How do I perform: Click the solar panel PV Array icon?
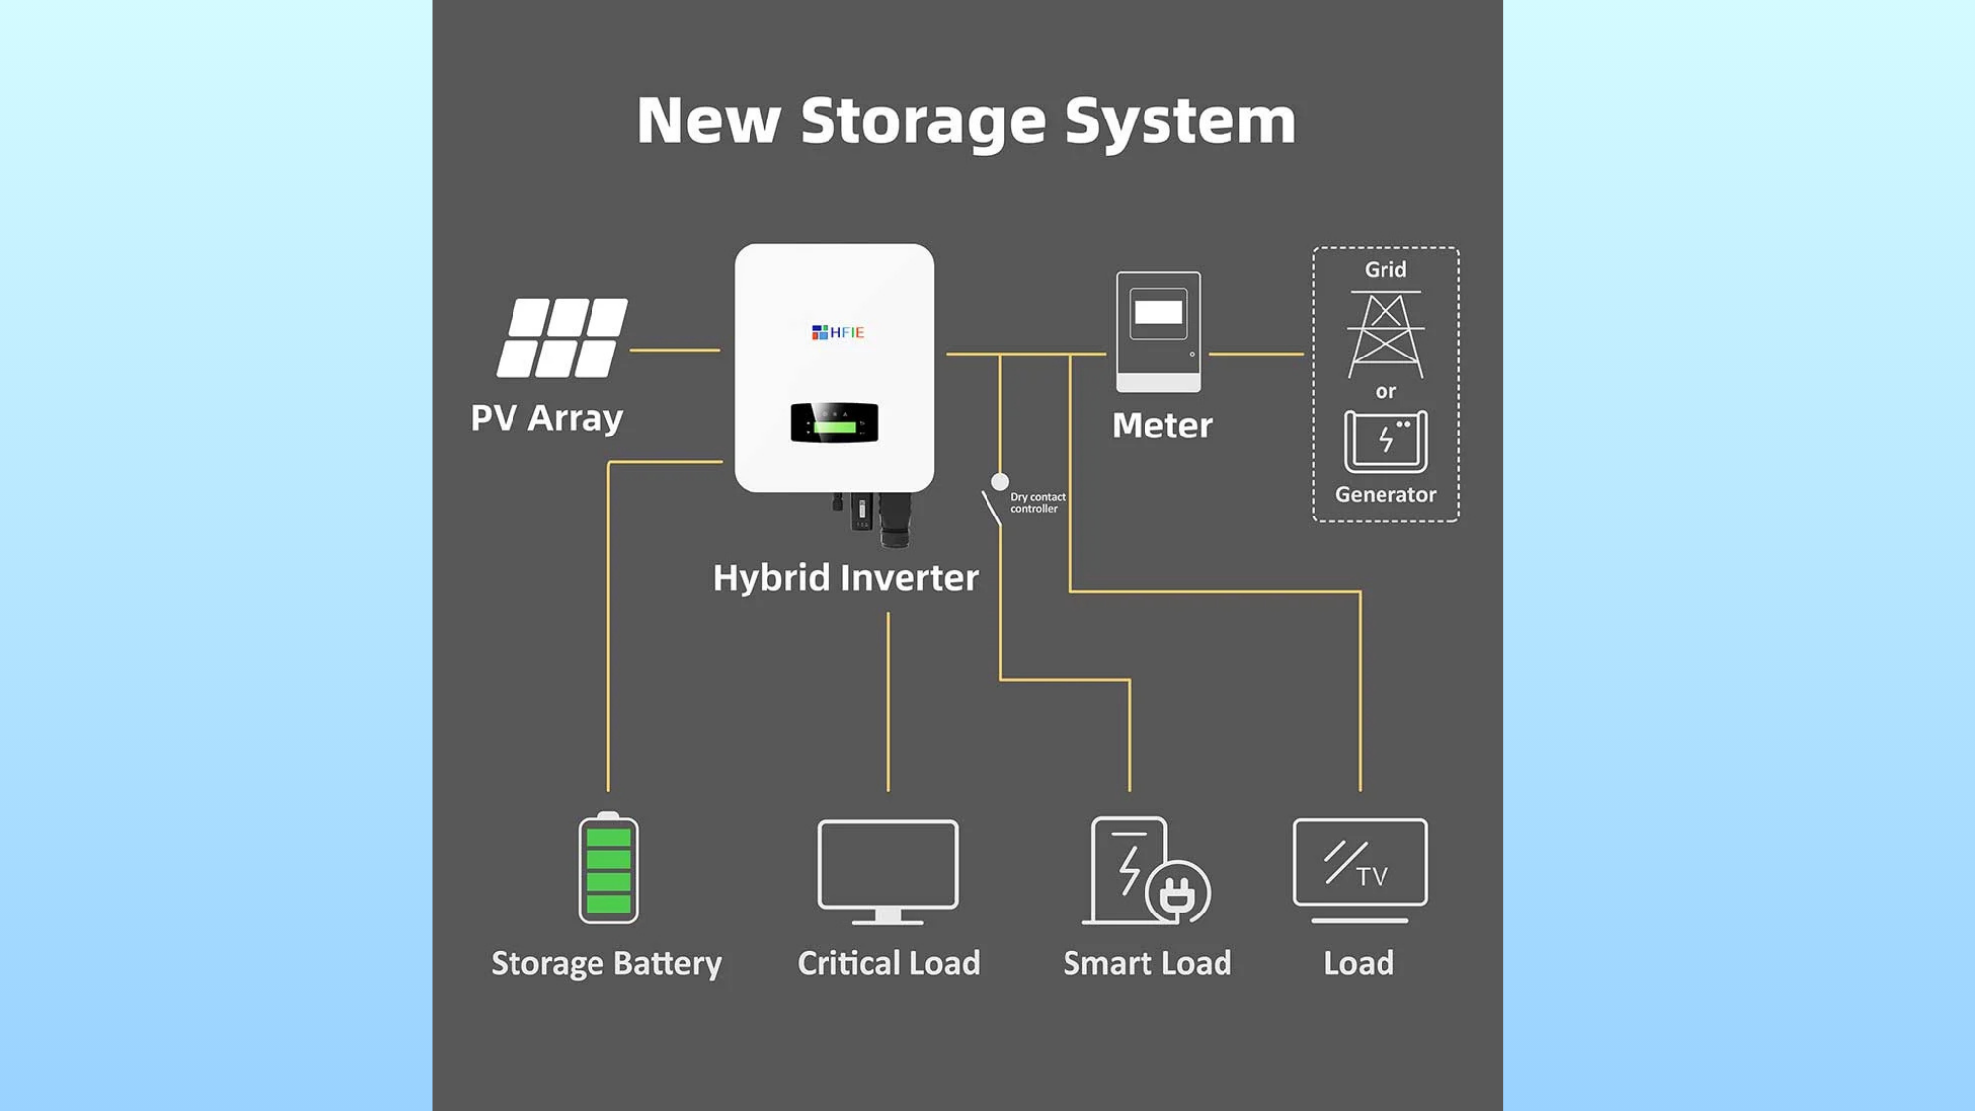click(562, 339)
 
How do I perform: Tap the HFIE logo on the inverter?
click(837, 332)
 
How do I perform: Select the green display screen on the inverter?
click(834, 424)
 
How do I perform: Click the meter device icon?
click(1158, 332)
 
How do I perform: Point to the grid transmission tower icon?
click(1385, 335)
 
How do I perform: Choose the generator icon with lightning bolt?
click(1385, 441)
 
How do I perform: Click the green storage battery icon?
click(608, 869)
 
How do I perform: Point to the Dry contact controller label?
click(1037, 503)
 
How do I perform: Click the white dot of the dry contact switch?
click(1000, 482)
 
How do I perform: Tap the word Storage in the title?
click(922, 120)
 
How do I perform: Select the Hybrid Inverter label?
click(845, 578)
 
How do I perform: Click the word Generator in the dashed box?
click(1385, 495)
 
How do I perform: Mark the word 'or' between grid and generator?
click(1385, 392)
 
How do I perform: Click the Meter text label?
click(1161, 426)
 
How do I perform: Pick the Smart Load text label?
click(1147, 963)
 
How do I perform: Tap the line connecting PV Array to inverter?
click(674, 350)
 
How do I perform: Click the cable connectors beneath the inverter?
click(875, 518)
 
